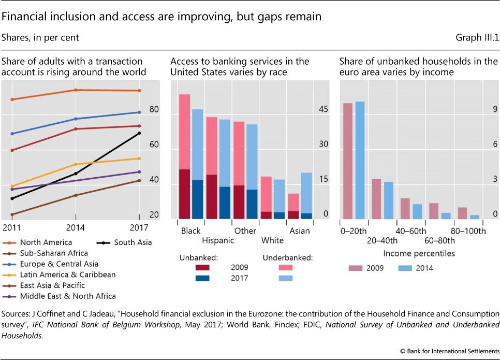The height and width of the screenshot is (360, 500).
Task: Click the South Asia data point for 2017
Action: pos(139,133)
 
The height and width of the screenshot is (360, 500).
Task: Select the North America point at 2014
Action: pos(76,90)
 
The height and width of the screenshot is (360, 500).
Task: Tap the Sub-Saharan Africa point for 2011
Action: pos(12,214)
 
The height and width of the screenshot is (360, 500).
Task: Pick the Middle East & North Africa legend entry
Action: pos(67,296)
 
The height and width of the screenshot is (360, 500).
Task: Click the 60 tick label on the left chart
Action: pos(154,150)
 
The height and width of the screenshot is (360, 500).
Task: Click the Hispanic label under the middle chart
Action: pos(218,240)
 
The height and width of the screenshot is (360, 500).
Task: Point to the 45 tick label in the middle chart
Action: pos(323,109)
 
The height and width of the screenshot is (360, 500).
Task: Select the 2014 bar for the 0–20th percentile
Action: pos(360,160)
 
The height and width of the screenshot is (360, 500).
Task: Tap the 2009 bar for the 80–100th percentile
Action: pos(462,213)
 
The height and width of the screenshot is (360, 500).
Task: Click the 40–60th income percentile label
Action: pos(411,231)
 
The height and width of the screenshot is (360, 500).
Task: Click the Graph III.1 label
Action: pos(476,38)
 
